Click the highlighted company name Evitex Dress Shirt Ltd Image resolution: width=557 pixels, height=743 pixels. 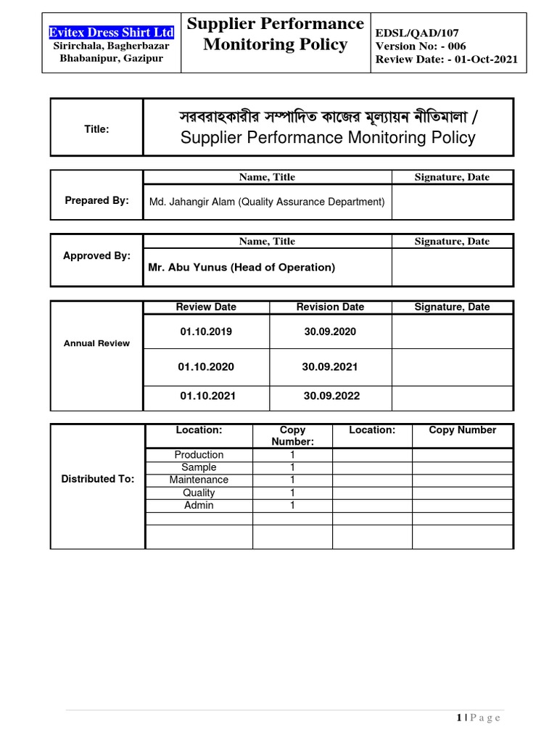pyautogui.click(x=111, y=33)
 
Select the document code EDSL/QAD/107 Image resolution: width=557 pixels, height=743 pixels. pyautogui.click(x=417, y=33)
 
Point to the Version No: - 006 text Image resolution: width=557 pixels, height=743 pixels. pyautogui.click(x=421, y=46)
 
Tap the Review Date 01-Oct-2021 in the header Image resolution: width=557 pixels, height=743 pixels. pyautogui.click(x=447, y=59)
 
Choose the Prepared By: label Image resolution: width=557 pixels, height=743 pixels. pyautogui.click(x=96, y=200)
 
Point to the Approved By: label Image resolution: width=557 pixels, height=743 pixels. pyautogui.click(x=96, y=255)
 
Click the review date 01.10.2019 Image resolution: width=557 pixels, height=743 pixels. pyautogui.click(x=206, y=332)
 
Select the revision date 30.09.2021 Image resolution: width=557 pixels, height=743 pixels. pyautogui.click(x=330, y=367)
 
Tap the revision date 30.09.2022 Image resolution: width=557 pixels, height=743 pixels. pyautogui.click(x=331, y=396)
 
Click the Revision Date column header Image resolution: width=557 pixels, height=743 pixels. pyautogui.click(x=330, y=307)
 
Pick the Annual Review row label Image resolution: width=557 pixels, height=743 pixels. pyautogui.click(x=96, y=343)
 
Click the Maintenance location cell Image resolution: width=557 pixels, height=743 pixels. pyautogui.click(x=199, y=480)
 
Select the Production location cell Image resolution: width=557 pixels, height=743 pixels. pyautogui.click(x=199, y=455)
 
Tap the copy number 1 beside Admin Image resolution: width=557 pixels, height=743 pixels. pyautogui.click(x=292, y=505)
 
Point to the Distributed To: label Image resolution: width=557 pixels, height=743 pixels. pyautogui.click(x=97, y=479)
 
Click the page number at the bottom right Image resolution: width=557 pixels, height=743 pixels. pyautogui.click(x=460, y=718)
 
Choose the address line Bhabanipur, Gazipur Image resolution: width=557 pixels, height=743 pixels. pyautogui.click(x=111, y=58)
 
